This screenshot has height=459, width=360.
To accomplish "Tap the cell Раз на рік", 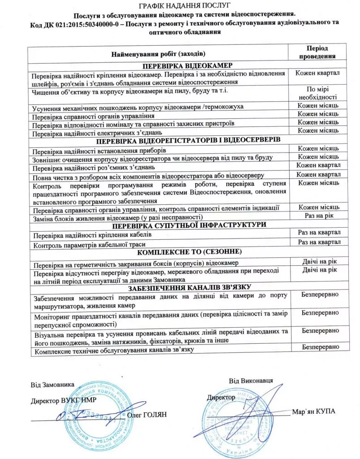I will point(319,216).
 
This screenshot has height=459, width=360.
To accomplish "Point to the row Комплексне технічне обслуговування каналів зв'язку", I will point(113,349).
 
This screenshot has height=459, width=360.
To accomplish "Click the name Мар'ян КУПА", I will point(313,411).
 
